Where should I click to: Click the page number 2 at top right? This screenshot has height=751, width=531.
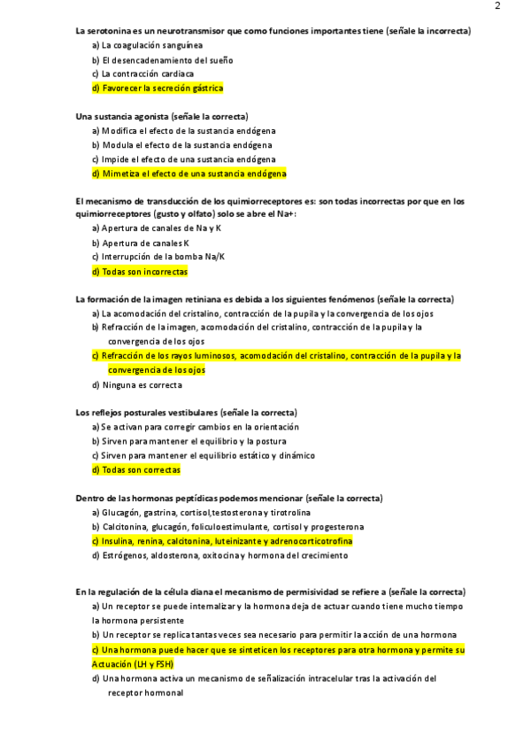coord(497,6)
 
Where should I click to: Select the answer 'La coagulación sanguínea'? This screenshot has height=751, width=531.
coord(151,45)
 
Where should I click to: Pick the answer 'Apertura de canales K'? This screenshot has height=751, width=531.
coord(146,244)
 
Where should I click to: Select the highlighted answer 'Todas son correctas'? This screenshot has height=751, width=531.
coord(141,470)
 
